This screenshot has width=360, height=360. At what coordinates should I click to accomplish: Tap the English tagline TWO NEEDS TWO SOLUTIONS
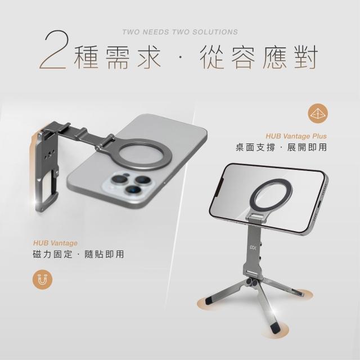pyautogui.click(x=180, y=32)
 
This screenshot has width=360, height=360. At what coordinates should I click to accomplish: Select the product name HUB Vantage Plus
pyautogui.click(x=296, y=136)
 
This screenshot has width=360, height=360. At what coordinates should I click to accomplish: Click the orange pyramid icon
pyautogui.click(x=318, y=114)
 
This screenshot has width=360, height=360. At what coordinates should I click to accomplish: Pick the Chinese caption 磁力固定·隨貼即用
pyautogui.click(x=79, y=254)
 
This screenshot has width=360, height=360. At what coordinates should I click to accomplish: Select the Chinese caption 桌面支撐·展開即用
pyautogui.click(x=281, y=147)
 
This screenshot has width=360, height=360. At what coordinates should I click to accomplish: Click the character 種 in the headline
pyautogui.click(x=86, y=57)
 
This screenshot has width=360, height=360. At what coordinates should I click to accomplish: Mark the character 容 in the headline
pyautogui.click(x=244, y=57)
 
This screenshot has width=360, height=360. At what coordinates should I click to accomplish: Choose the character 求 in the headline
pyautogui.click(x=149, y=57)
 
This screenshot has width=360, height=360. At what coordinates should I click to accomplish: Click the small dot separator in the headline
pyautogui.click(x=180, y=57)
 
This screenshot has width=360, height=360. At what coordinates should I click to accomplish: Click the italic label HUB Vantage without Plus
pyautogui.click(x=55, y=243)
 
